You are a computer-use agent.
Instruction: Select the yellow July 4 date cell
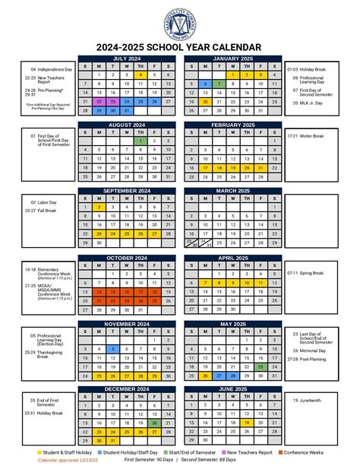click(x=140, y=75)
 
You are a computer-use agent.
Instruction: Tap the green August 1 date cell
click(x=140, y=141)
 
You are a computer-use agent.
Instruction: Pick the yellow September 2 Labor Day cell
click(x=99, y=206)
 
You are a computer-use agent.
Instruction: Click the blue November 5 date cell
click(x=112, y=348)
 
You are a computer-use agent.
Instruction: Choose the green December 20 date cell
click(x=153, y=423)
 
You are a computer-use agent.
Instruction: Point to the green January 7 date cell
click(x=218, y=84)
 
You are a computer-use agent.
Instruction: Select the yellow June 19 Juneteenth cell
click(x=245, y=423)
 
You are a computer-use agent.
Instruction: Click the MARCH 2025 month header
click(x=232, y=189)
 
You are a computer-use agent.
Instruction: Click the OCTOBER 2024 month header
click(x=126, y=258)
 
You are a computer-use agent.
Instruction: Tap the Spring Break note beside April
click(x=305, y=272)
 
